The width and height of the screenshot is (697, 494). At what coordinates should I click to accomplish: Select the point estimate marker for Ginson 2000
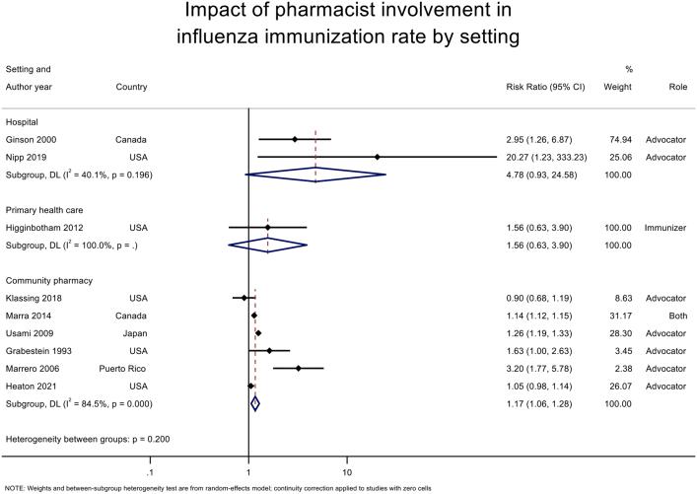(x=295, y=140)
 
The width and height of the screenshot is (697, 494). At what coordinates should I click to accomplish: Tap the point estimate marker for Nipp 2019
(x=378, y=157)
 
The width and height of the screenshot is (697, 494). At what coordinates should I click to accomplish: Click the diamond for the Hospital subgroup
(x=315, y=175)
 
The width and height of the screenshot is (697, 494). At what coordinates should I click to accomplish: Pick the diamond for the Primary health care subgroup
(x=267, y=245)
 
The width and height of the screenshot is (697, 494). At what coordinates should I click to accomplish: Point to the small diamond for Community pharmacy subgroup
(x=255, y=402)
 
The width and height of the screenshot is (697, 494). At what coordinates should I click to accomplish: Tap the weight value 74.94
(x=618, y=140)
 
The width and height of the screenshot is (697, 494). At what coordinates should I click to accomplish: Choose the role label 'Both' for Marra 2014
(x=674, y=316)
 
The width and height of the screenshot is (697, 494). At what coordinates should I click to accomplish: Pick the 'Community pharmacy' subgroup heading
(x=51, y=280)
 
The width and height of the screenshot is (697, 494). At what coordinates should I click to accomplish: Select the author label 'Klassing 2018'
(x=37, y=298)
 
